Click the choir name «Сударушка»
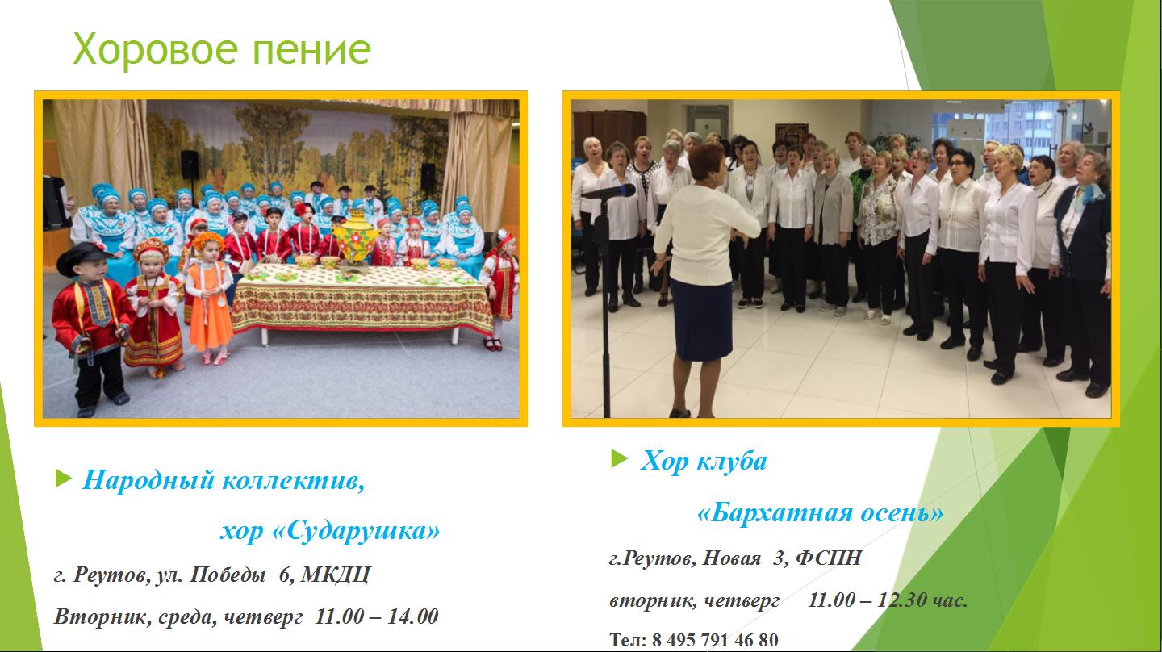click(356, 531)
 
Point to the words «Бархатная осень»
click(820, 513)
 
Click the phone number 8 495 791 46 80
click(715, 640)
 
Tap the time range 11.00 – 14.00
click(377, 616)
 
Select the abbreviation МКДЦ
click(336, 575)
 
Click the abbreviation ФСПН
click(829, 558)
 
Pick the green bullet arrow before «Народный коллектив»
click(63, 479)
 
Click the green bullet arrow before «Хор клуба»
click(620, 458)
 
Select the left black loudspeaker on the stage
click(190, 165)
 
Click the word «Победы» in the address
click(228, 575)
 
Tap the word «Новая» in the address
click(731, 558)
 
